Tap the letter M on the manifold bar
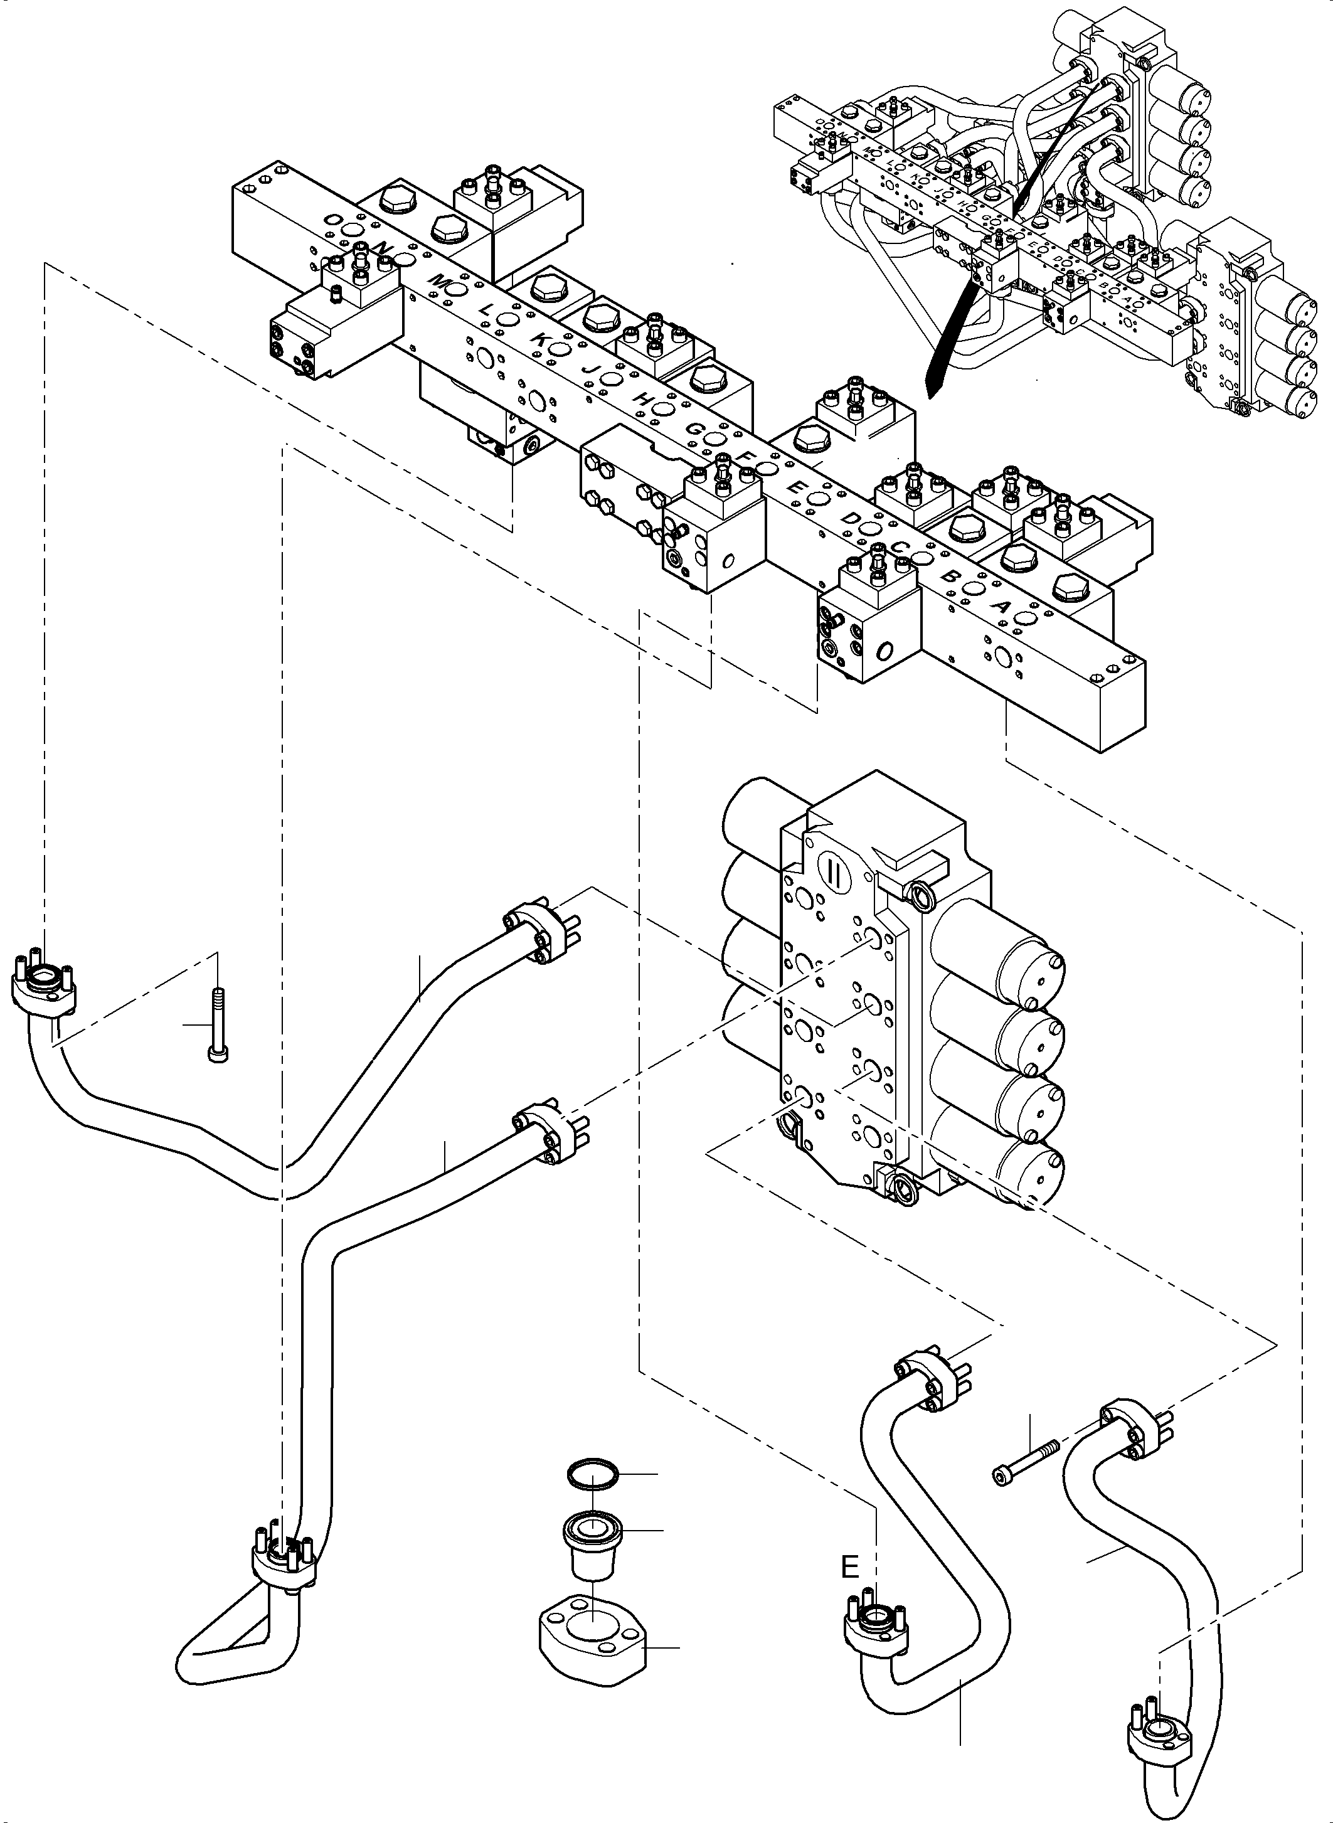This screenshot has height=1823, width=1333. [437, 280]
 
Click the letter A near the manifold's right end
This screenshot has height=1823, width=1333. [1004, 606]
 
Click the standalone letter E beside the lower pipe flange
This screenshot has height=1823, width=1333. [849, 1567]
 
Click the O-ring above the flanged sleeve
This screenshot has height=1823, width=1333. [592, 1473]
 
